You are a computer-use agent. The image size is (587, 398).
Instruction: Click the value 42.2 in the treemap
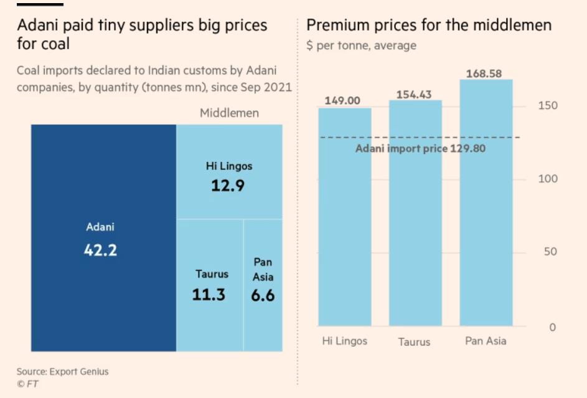tap(100, 250)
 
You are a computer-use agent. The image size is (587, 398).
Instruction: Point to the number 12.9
tap(228, 186)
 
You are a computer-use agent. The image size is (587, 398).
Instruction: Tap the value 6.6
tap(263, 294)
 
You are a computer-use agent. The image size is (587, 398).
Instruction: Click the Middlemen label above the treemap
tap(229, 113)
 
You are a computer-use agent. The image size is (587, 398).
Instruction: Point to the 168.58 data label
tap(484, 73)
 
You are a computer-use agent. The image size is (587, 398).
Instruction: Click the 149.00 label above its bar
tap(342, 101)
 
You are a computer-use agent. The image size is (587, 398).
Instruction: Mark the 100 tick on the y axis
tap(548, 179)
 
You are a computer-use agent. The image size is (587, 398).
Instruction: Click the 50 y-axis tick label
tap(550, 252)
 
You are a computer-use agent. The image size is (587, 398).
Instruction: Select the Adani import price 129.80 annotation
tap(420, 149)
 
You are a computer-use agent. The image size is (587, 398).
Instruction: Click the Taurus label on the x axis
tap(414, 341)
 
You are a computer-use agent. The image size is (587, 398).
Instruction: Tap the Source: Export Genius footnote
tap(62, 371)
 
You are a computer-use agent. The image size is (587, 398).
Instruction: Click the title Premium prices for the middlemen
tap(429, 26)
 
